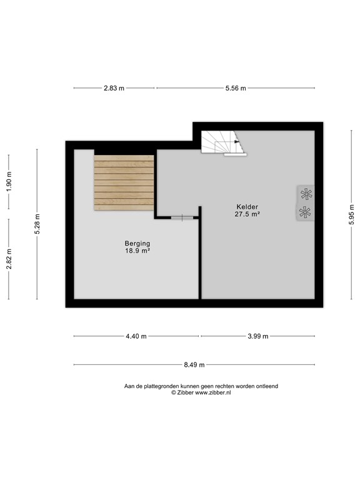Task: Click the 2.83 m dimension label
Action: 114,88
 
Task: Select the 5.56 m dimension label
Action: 236,88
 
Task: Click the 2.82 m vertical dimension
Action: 9,259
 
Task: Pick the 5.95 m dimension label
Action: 352,216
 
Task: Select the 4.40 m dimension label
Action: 136,336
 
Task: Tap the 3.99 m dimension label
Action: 257,336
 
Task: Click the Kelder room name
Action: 247,207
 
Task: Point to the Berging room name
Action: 137,244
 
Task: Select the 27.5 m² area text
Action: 247,214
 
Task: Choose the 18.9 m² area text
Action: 137,251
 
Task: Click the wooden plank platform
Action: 124,182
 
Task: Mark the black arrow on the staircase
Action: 237,142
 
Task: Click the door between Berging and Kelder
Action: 177,217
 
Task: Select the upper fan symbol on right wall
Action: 305,194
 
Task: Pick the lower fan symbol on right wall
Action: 305,212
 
